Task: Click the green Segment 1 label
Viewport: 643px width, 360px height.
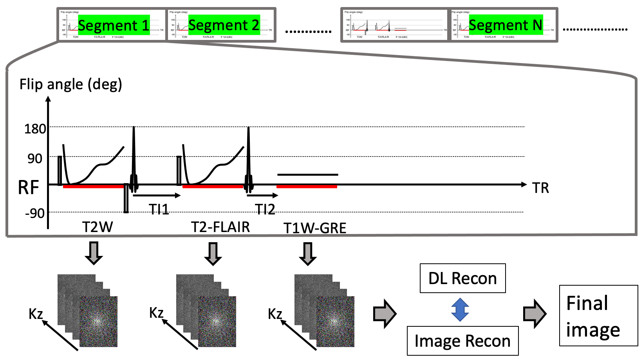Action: click(114, 25)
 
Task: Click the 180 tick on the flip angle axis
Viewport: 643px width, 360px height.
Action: click(35, 129)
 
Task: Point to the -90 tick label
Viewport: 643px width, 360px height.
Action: click(35, 213)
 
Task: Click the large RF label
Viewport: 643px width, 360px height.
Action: click(29, 187)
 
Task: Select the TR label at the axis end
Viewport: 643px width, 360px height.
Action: click(541, 188)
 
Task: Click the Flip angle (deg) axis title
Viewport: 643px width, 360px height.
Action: click(71, 84)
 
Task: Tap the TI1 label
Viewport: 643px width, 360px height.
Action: click(159, 210)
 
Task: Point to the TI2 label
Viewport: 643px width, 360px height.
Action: click(265, 210)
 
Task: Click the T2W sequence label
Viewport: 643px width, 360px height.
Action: click(98, 227)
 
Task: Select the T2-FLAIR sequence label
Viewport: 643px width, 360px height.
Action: click(220, 227)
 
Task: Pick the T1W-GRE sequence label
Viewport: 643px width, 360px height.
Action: click(315, 228)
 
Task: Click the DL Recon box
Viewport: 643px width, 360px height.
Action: click(462, 278)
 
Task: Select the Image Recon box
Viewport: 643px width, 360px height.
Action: click(462, 341)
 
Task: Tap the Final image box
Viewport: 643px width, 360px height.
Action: click(598, 315)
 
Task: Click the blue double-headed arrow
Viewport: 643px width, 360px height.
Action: click(460, 310)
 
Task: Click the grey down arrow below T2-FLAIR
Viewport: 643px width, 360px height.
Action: click(213, 254)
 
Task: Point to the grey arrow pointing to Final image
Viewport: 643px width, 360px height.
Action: click(535, 313)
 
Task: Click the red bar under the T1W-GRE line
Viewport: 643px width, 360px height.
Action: click(307, 187)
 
